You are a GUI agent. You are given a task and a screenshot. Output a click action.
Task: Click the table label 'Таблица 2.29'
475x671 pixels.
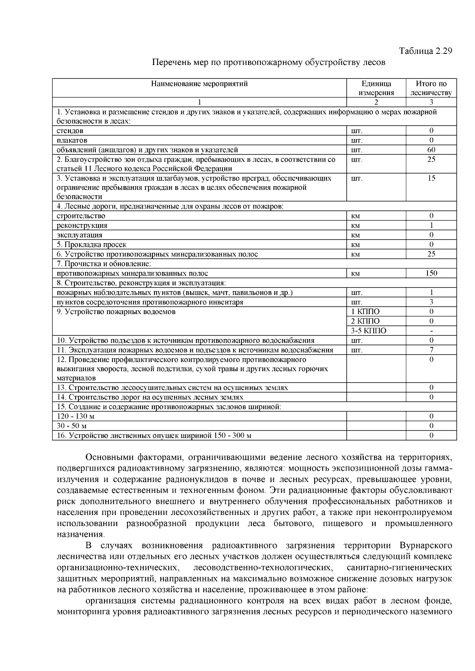tap(425, 51)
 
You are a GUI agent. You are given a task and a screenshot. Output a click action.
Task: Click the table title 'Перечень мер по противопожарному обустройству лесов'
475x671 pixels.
tap(269, 63)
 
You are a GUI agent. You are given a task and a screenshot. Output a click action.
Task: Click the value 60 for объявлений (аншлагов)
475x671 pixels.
tap(431, 150)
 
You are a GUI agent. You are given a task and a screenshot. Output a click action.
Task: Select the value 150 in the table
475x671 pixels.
tap(431, 273)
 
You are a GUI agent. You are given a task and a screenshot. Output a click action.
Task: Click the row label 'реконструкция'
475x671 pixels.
tap(82, 225)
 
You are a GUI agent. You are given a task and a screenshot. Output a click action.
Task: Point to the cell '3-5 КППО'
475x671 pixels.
tap(369, 331)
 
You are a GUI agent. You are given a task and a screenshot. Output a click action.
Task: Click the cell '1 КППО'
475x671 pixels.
tap(365, 312)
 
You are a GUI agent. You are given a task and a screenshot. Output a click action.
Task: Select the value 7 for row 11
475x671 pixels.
tap(431, 350)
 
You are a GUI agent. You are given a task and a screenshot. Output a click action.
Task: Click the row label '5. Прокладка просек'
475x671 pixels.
tap(92, 245)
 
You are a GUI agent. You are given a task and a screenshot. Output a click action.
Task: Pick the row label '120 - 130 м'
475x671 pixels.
tap(76, 416)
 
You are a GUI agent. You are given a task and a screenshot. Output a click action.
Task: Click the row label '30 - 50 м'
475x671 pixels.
tap(72, 426)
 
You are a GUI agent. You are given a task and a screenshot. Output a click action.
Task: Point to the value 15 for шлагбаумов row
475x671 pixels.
tap(431, 178)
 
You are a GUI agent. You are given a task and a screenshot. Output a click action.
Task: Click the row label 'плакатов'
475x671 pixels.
tap(72, 140)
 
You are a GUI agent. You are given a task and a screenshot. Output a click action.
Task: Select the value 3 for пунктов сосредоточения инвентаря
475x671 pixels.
tap(431, 302)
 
